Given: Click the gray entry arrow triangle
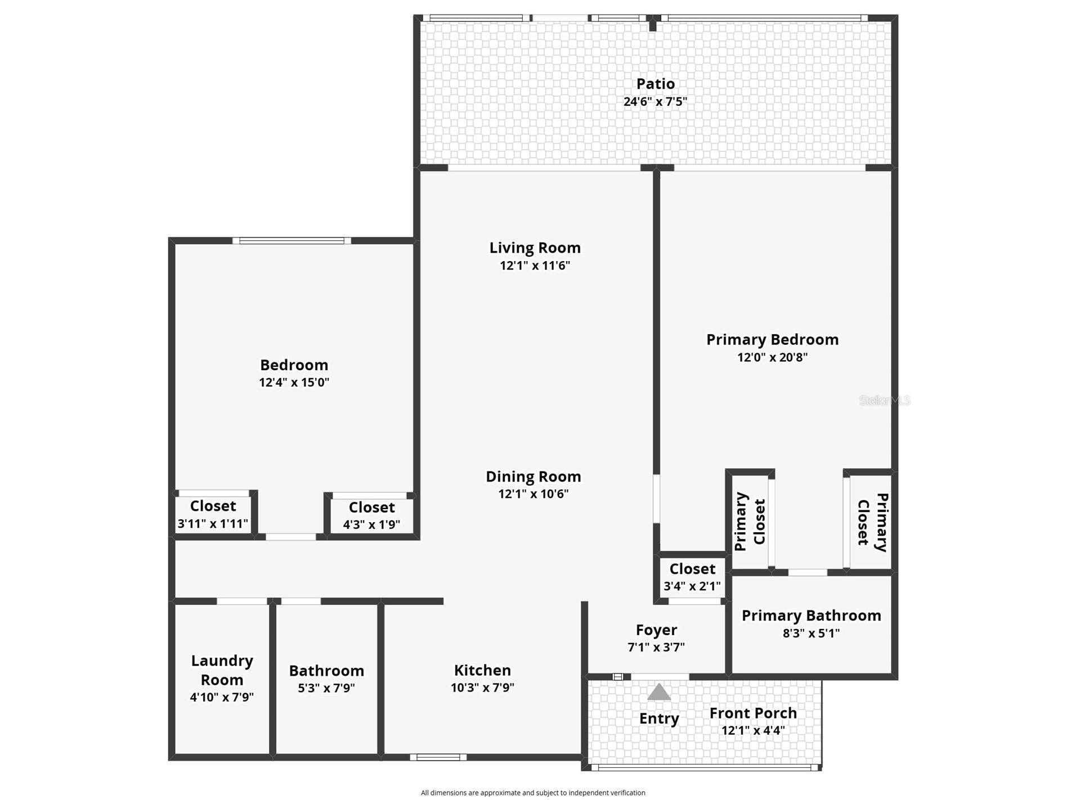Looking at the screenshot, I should click(x=658, y=693).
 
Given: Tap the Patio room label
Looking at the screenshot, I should click(x=655, y=84).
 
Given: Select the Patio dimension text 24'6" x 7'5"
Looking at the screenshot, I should click(x=655, y=102).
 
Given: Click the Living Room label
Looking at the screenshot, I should click(x=535, y=248).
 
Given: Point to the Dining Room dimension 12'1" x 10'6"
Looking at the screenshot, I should click(x=533, y=494).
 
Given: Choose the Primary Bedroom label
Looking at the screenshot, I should click(x=772, y=339).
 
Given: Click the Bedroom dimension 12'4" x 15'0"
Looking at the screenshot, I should click(x=294, y=383).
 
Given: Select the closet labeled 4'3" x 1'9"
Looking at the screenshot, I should click(x=371, y=515).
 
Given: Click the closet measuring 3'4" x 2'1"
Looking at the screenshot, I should click(x=692, y=577).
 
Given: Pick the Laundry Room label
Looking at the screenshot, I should click(x=222, y=669).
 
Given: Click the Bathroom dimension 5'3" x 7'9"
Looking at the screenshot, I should click(x=326, y=688).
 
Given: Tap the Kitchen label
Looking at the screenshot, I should click(x=482, y=670).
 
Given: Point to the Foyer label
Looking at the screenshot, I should click(x=656, y=630).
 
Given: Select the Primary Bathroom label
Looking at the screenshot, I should click(x=811, y=615).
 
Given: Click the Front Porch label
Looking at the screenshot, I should click(x=753, y=713).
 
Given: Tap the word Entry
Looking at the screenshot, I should click(x=659, y=718).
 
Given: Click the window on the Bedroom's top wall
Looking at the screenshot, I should click(x=292, y=241).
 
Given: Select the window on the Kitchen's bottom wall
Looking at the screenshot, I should click(x=438, y=757).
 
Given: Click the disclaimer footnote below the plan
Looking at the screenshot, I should click(x=533, y=793).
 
